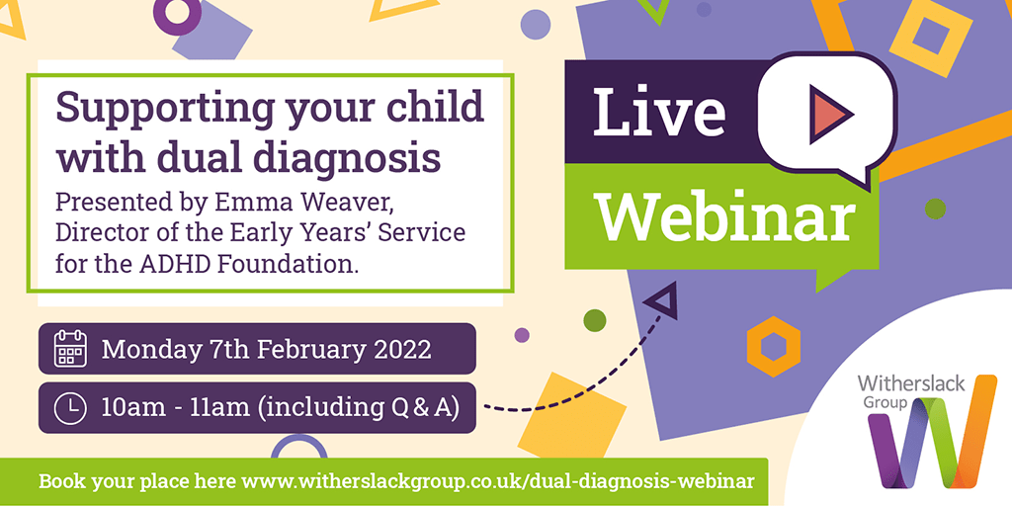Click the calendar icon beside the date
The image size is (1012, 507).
click(70, 348)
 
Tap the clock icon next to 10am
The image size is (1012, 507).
click(70, 408)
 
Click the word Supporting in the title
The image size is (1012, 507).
click(165, 109)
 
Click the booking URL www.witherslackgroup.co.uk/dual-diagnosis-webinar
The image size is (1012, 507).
click(498, 482)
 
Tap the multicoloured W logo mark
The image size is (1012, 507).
click(932, 432)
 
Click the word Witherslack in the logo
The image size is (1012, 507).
click(910, 383)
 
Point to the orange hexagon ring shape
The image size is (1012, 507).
click(773, 346)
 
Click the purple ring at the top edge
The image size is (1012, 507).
click(177, 14)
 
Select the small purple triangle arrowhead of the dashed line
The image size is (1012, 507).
click(662, 300)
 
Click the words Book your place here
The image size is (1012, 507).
click(136, 482)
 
